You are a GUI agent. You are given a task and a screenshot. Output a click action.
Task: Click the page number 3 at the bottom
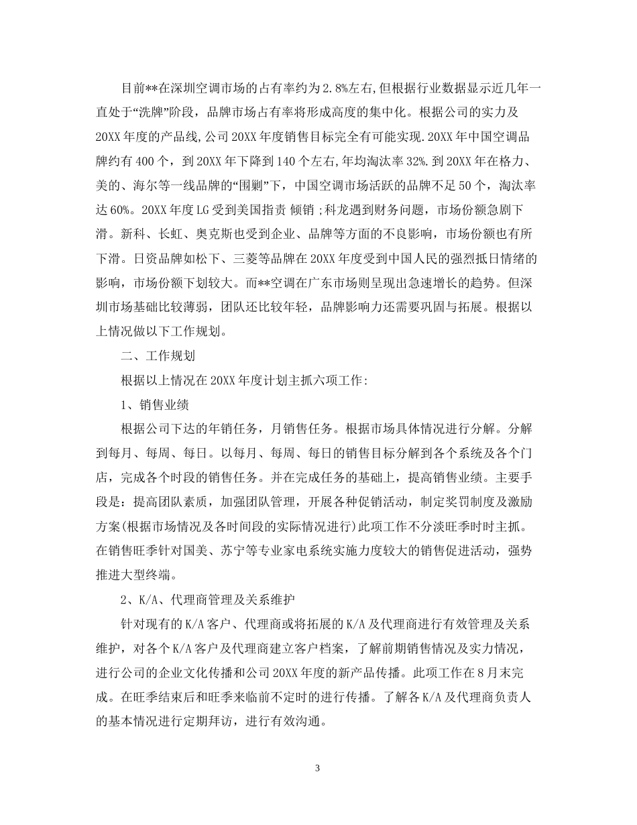(x=318, y=768)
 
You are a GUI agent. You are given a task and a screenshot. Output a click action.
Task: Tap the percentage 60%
(x=119, y=209)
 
